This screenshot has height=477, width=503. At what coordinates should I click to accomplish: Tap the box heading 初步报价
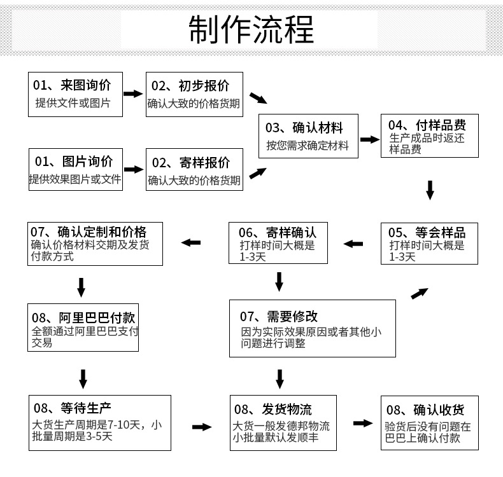tap(190, 86)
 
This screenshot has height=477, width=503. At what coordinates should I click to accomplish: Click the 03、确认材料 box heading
tap(304, 127)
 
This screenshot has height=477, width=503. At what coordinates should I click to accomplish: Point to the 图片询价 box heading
tap(73, 161)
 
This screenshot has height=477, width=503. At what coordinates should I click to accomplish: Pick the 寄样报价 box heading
tap(190, 162)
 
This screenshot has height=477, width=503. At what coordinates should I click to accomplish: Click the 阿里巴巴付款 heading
tap(83, 317)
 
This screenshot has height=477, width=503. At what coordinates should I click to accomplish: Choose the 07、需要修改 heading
tap(279, 316)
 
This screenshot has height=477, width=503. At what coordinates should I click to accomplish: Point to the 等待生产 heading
tap(73, 406)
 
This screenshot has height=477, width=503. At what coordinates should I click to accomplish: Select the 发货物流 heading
tap(273, 408)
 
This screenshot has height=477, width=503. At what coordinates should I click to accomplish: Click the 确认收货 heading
tap(425, 409)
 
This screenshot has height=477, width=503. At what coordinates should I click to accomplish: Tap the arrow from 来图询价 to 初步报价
tap(133, 93)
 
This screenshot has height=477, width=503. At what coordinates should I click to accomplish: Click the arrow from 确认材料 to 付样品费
tap(369, 139)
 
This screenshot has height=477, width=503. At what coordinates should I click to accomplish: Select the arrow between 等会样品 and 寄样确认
tap(353, 243)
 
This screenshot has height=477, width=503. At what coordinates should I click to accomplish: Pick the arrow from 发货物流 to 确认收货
tap(363, 423)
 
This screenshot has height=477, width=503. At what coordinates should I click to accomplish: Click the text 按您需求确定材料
tap(308, 146)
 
